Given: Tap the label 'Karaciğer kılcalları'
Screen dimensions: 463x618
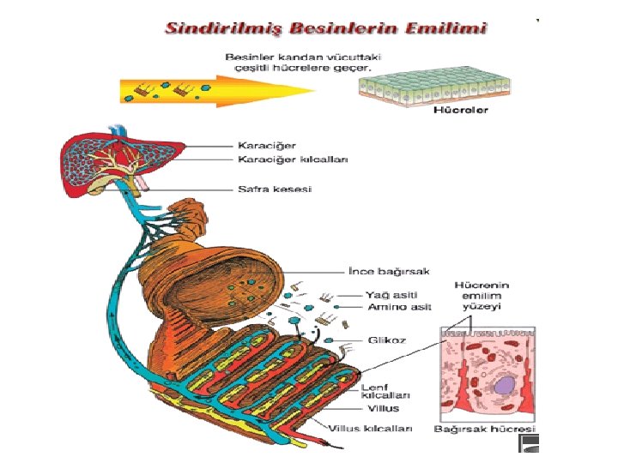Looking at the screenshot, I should (x=287, y=159).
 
